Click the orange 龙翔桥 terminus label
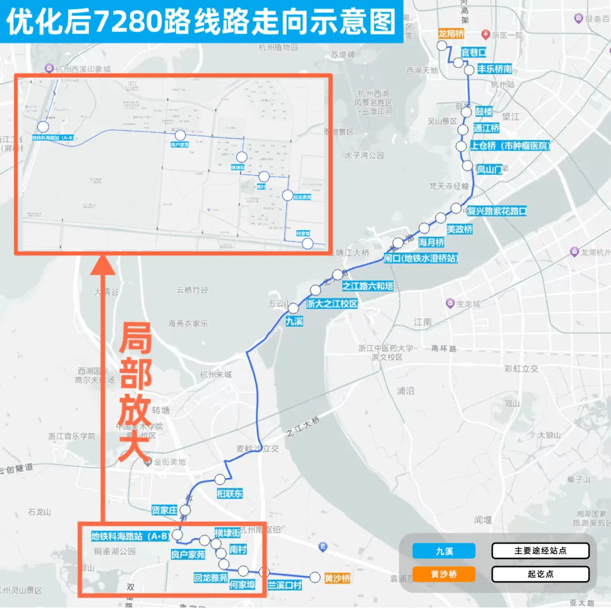[x=451, y=34]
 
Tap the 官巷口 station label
[x=474, y=53]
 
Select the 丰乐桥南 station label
[x=495, y=69]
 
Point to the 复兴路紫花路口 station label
[x=497, y=211]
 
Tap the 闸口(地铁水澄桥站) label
[x=420, y=258]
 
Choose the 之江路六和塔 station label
[x=368, y=286]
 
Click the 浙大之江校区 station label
[x=332, y=304]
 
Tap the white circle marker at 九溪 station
[x=293, y=308]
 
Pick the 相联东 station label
[x=230, y=494]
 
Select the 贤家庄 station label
[x=165, y=510]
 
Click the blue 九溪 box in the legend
[x=444, y=551]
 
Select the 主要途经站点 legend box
[x=540, y=551]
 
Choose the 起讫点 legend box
[x=540, y=574]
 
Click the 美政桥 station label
[x=459, y=230]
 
